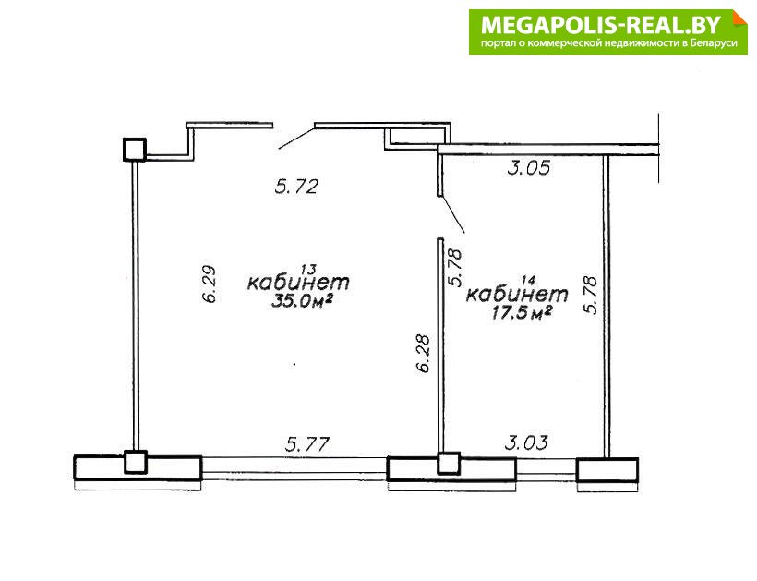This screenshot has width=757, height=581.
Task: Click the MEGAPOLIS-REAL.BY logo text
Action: click(601, 25)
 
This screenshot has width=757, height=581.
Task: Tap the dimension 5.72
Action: click(296, 187)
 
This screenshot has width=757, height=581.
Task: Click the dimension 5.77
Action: click(307, 444)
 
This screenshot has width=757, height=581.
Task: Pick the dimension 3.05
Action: click(529, 167)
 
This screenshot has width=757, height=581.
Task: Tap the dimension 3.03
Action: click(526, 442)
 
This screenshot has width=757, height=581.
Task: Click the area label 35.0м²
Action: click(302, 301)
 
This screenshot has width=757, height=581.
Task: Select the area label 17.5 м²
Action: click(522, 313)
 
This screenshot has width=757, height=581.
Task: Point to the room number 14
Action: click(529, 280)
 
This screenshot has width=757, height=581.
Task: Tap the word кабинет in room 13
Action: click(298, 282)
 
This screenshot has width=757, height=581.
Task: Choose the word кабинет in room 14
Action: click(517, 294)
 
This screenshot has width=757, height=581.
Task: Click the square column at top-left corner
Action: click(134, 150)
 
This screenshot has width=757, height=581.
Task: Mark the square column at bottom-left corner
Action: click(135, 462)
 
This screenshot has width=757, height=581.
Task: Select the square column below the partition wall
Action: click(449, 463)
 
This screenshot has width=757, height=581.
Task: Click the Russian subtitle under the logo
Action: click(608, 43)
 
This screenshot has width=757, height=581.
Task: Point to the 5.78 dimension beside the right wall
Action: click(591, 295)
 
